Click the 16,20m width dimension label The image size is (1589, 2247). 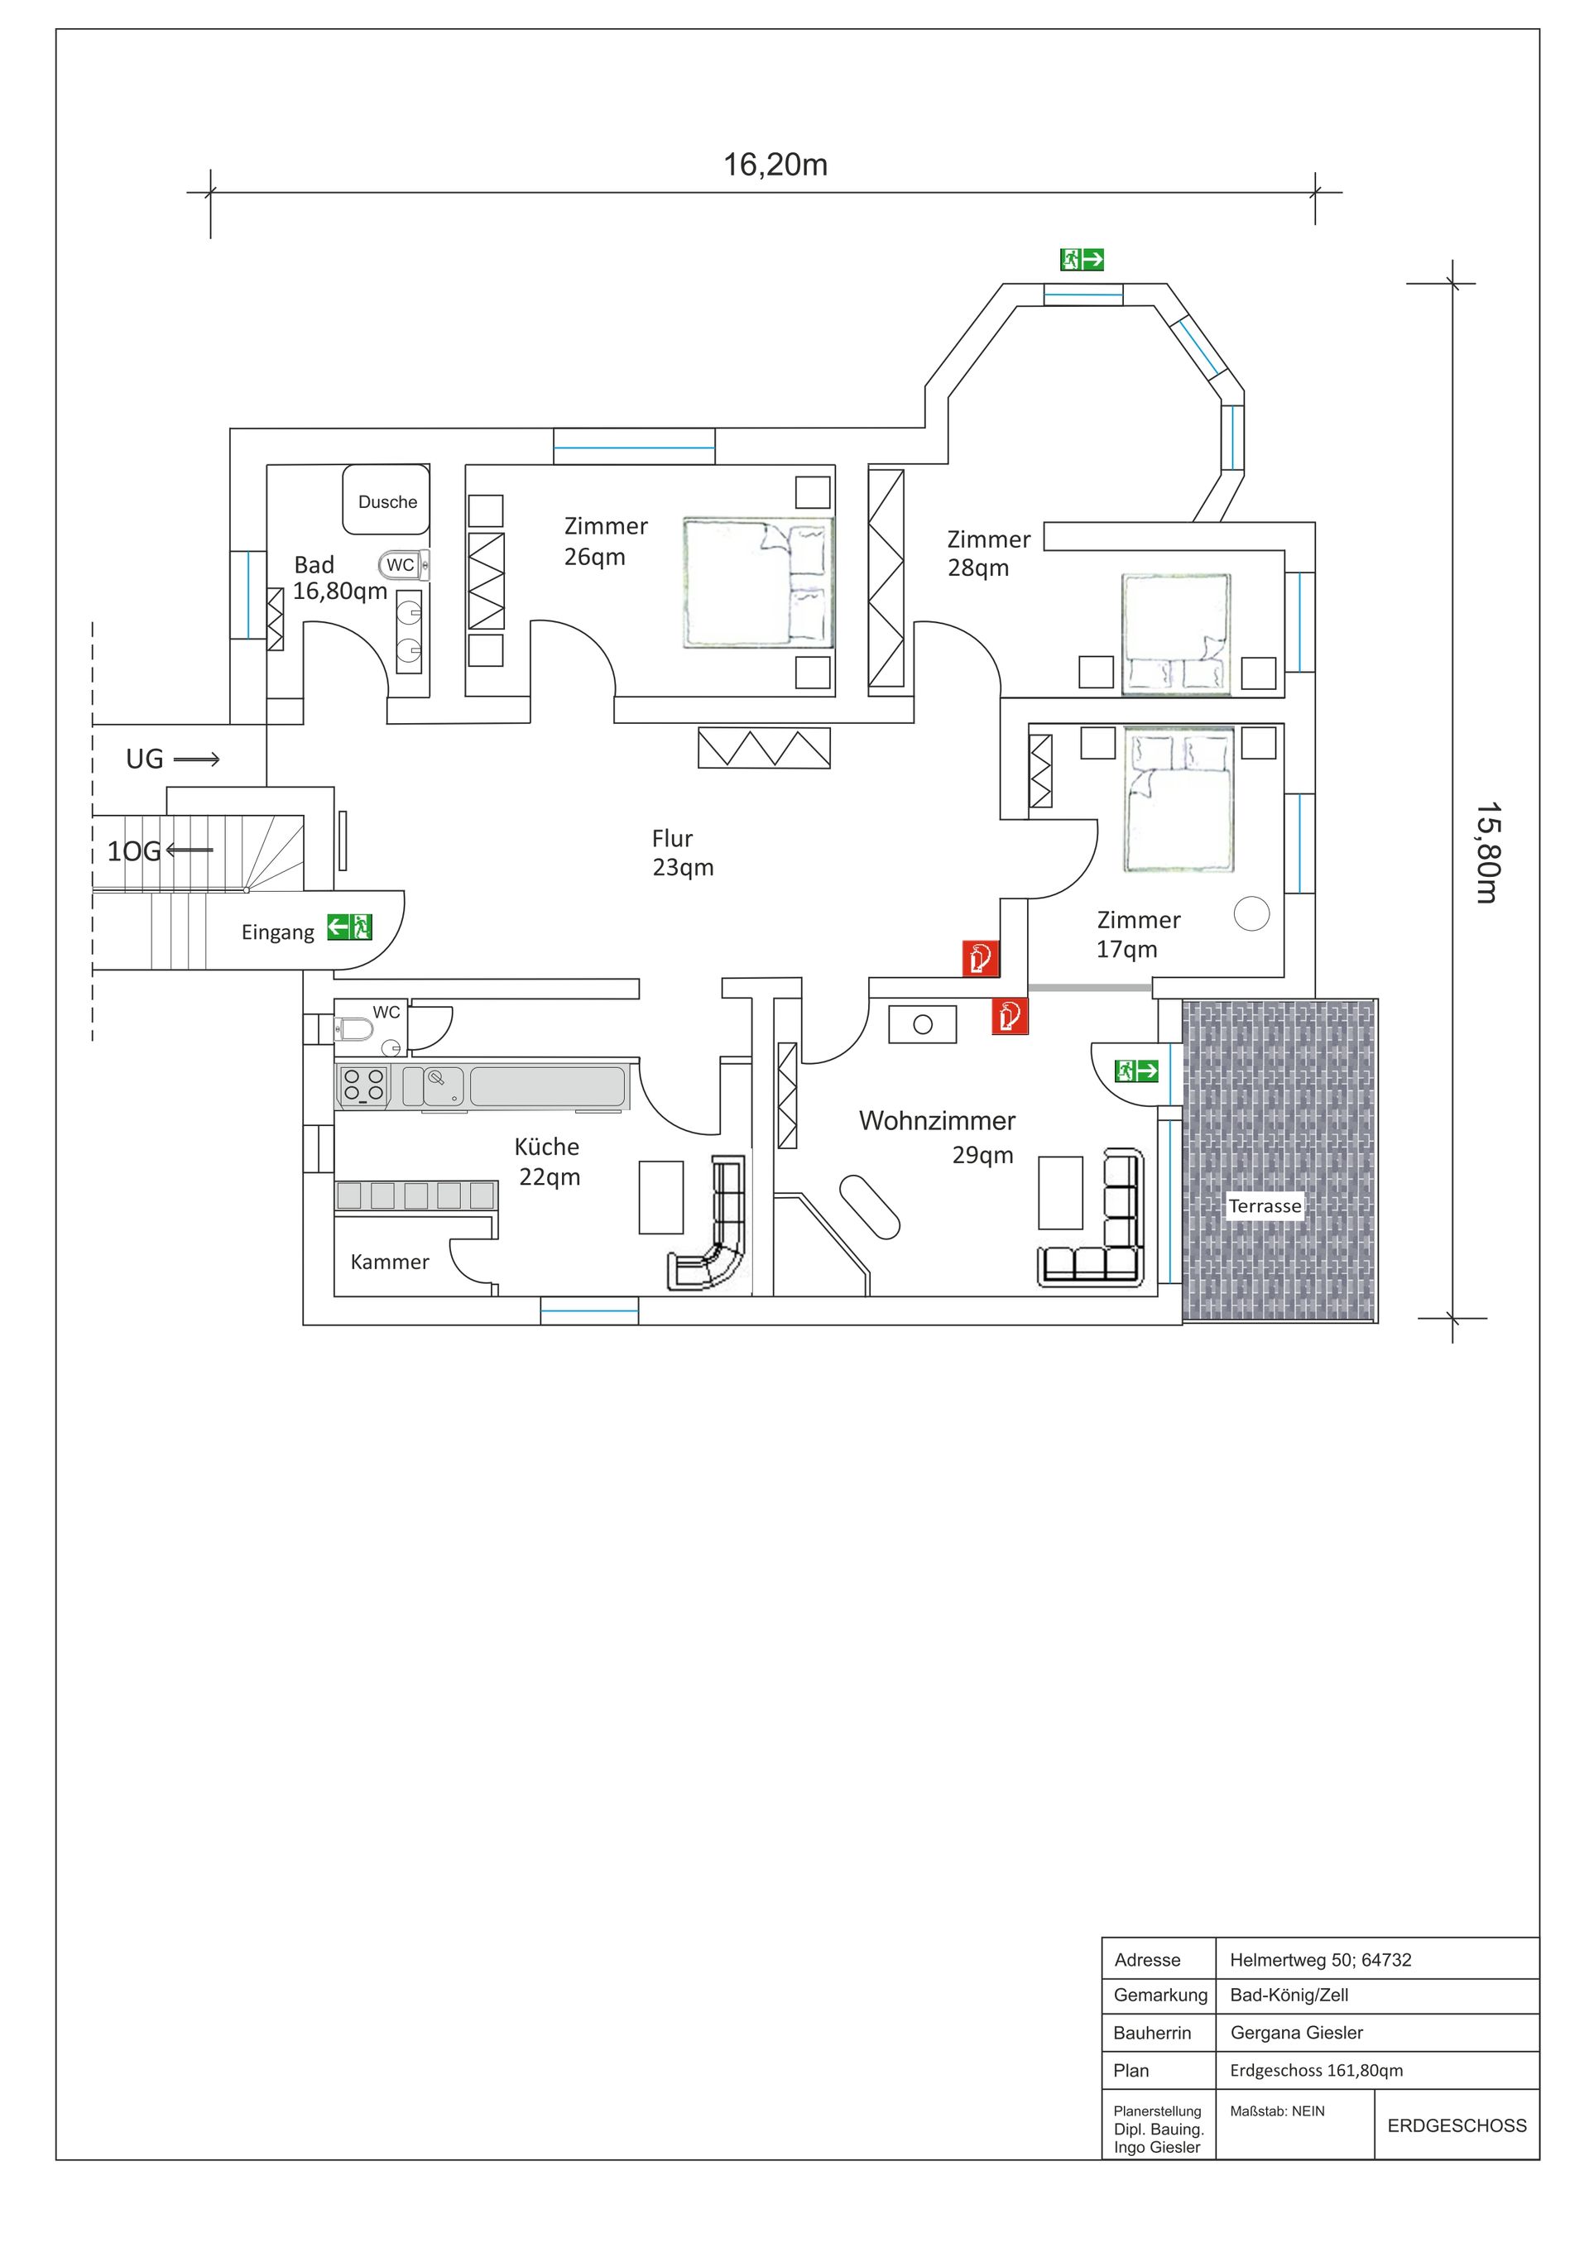point(775,165)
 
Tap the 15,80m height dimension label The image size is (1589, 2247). point(1488,852)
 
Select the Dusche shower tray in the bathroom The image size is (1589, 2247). point(386,499)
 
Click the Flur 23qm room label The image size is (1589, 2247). point(683,852)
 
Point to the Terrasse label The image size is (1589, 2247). point(1265,1205)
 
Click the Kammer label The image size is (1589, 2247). point(390,1262)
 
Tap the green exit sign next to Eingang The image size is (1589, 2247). point(349,926)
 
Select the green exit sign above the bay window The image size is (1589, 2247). point(1082,259)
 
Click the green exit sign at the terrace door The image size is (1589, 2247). point(1136,1071)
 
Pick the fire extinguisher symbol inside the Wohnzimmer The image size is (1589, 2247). point(1010,1016)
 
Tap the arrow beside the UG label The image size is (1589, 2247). point(197,759)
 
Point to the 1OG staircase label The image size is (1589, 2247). point(133,851)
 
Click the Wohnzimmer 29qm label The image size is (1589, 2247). point(937,1136)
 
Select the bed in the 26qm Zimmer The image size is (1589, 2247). point(759,583)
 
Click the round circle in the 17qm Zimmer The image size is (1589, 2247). point(1251,914)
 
